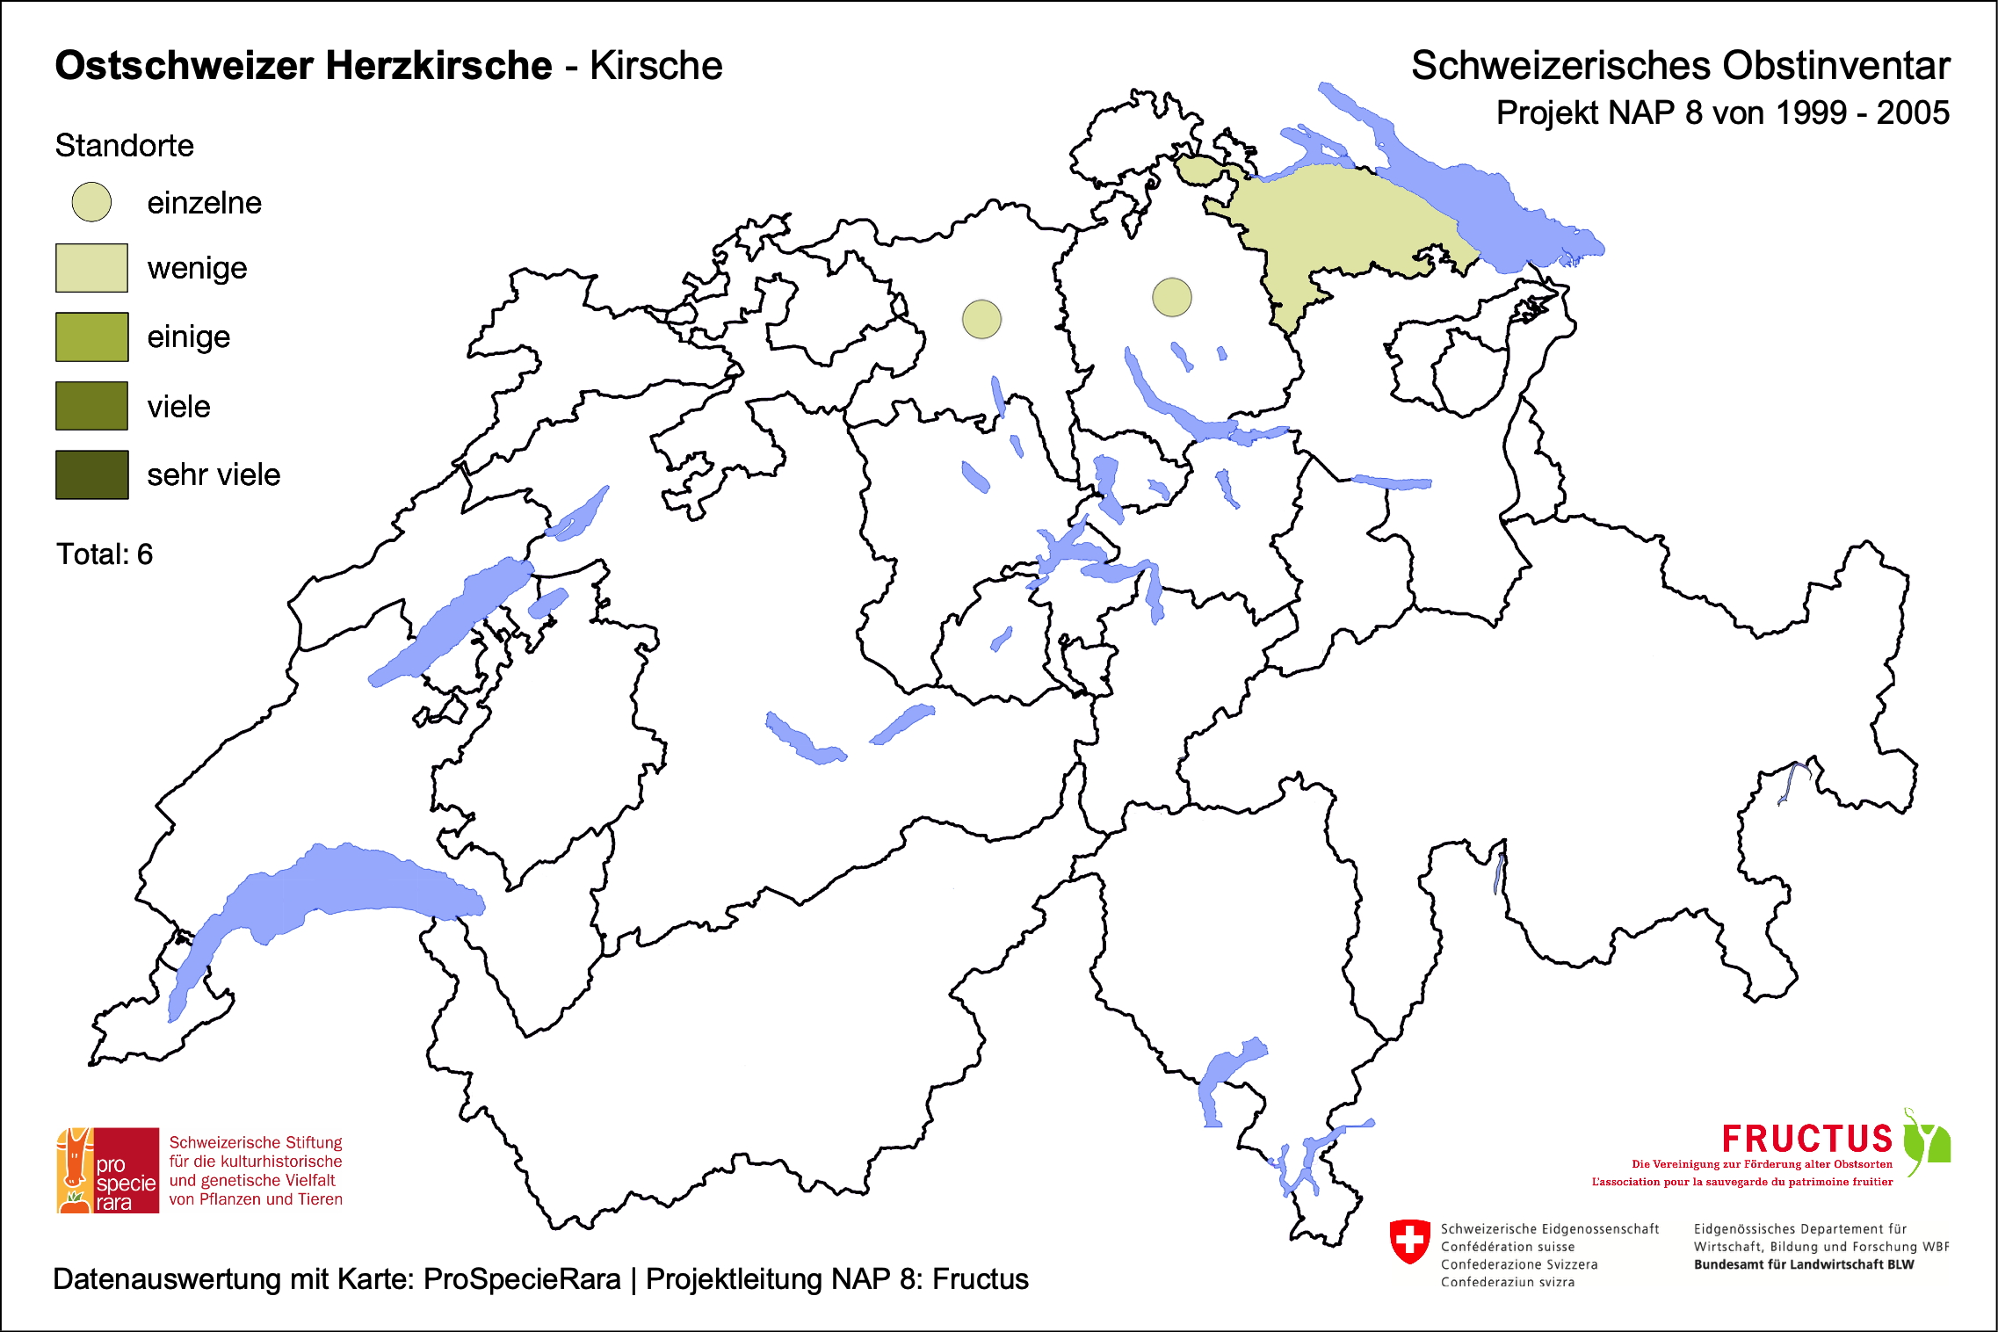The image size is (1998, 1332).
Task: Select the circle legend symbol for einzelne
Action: pyautogui.click(x=91, y=202)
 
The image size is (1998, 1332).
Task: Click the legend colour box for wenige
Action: pyautogui.click(x=91, y=268)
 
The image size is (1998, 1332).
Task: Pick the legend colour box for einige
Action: pyautogui.click(x=91, y=337)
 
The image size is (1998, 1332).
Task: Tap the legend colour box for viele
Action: pyautogui.click(x=91, y=406)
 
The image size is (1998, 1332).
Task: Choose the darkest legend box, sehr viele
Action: pyautogui.click(x=91, y=474)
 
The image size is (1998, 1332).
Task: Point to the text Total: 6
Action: pyautogui.click(x=105, y=554)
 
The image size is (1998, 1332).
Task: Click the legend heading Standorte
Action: pyautogui.click(x=124, y=146)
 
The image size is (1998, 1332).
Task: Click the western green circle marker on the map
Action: pyautogui.click(x=981, y=319)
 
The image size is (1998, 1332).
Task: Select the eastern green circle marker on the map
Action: pyautogui.click(x=1171, y=297)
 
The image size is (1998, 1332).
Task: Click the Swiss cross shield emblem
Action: pyautogui.click(x=1409, y=1242)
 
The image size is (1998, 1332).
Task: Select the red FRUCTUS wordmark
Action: pyautogui.click(x=1806, y=1139)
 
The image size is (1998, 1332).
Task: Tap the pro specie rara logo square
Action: pyautogui.click(x=108, y=1170)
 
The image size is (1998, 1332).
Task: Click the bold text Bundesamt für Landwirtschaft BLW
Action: pyautogui.click(x=1803, y=1264)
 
